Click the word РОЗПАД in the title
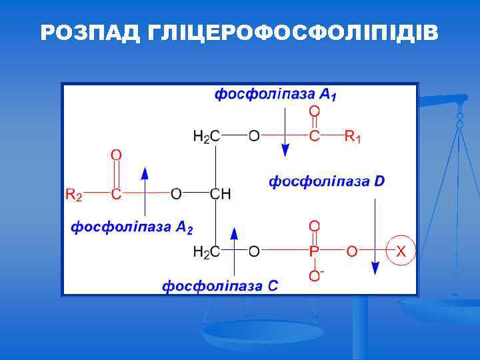pyautogui.click(x=89, y=33)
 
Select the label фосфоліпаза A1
pyautogui.click(x=275, y=95)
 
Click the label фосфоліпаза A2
pyautogui.click(x=132, y=227)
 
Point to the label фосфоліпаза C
pyautogui.click(x=220, y=286)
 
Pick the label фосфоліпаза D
pyautogui.click(x=327, y=181)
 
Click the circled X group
pyautogui.click(x=401, y=251)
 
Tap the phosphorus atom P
pyautogui.click(x=314, y=251)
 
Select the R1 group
pyautogui.click(x=353, y=137)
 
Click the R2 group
pyautogui.click(x=73, y=194)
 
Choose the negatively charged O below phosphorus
pyautogui.click(x=315, y=275)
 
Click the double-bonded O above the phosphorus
pyautogui.click(x=314, y=226)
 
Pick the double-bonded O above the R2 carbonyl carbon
pyautogui.click(x=116, y=155)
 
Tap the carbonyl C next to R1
pyautogui.click(x=314, y=137)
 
